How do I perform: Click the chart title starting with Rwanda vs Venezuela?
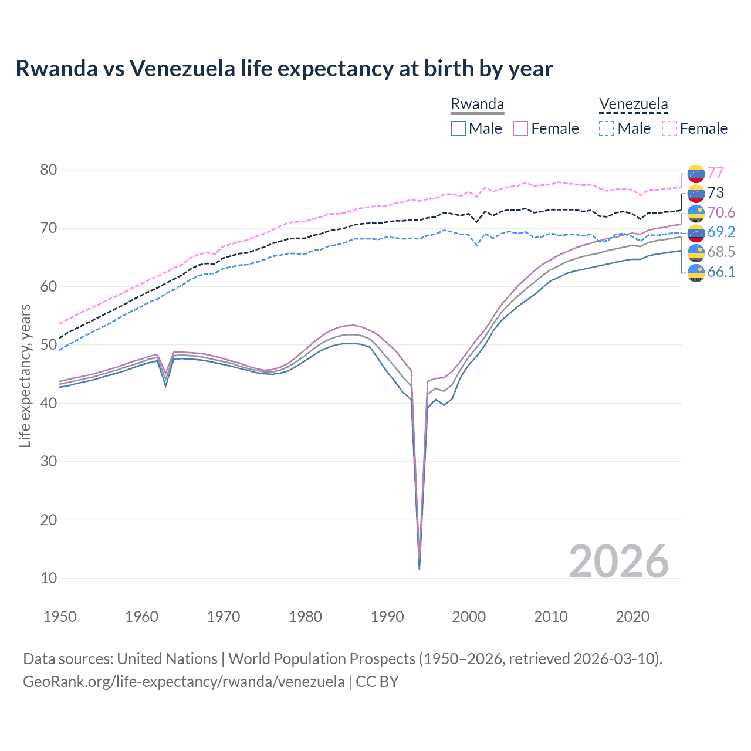click(284, 69)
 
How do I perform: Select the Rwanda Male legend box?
click(458, 128)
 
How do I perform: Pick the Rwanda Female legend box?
click(521, 128)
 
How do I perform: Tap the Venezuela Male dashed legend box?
click(607, 128)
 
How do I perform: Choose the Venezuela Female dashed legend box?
click(669, 128)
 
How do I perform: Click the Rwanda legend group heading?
click(477, 104)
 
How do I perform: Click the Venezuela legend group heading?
click(633, 104)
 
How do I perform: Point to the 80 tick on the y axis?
click(49, 170)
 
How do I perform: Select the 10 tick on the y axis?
click(49, 579)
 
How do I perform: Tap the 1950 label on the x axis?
click(60, 617)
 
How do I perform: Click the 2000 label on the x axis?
click(469, 617)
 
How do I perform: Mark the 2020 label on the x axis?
click(632, 617)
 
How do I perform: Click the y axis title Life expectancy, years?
click(25, 375)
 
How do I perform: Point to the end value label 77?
click(715, 172)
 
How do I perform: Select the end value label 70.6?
click(721, 212)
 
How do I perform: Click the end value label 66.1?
click(721, 272)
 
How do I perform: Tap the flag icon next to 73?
click(696, 193)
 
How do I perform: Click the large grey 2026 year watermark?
click(618, 561)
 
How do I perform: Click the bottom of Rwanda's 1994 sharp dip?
click(419, 568)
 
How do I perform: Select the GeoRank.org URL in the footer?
click(184, 682)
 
